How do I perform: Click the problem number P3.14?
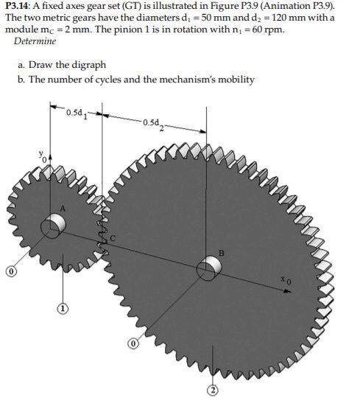coord(21,7)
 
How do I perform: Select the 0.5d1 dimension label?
coord(77,114)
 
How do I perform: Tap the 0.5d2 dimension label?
coord(152,122)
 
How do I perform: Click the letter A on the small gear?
coord(63,209)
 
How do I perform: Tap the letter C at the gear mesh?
coord(113,237)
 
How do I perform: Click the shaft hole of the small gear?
coord(54,226)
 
